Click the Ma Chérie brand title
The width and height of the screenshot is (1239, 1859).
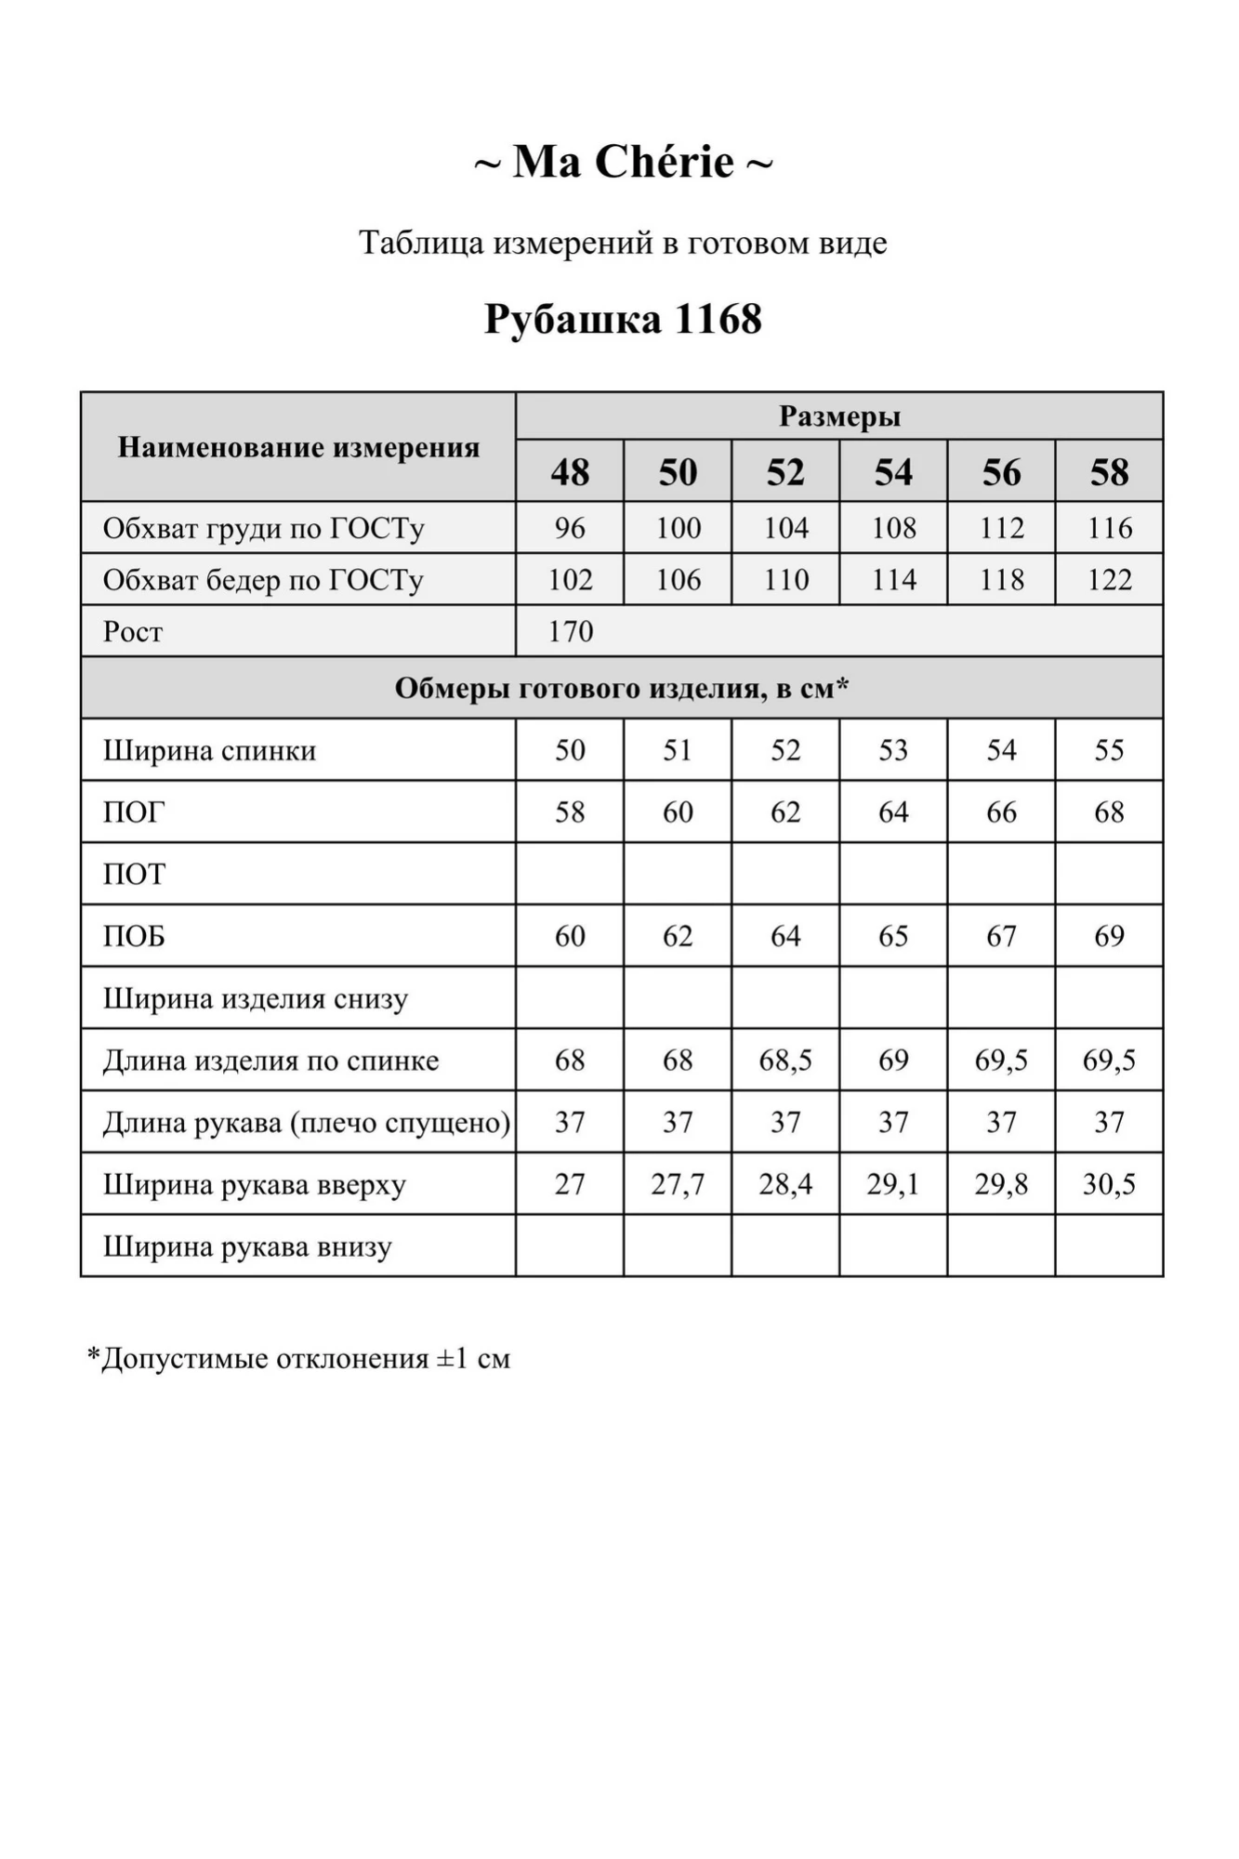pos(623,163)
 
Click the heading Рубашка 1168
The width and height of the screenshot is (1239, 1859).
pos(623,320)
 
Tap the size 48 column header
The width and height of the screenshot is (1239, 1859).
pos(570,472)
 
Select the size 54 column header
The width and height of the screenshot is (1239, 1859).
pos(893,472)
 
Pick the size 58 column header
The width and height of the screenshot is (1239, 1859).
pos(1109,472)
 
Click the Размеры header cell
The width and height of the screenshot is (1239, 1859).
pos(839,416)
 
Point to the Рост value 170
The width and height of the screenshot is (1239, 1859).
pos(570,632)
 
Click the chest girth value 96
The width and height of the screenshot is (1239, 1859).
pos(570,528)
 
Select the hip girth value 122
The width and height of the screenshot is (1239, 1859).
pos(1109,580)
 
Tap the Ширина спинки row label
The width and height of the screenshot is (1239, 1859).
pos(209,750)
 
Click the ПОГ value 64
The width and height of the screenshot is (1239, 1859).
pos(893,812)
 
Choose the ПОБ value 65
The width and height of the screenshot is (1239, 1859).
pos(893,936)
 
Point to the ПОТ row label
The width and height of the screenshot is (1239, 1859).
pos(134,875)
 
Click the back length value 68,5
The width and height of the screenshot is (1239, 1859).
pos(785,1061)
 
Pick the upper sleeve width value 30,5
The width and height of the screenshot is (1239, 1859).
pos(1109,1184)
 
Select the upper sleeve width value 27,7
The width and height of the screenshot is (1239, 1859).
pos(678,1184)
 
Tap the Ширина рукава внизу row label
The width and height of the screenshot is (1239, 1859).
pos(247,1246)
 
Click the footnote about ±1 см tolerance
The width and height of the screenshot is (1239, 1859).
pos(298,1359)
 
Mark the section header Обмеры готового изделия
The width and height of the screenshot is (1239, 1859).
pos(622,689)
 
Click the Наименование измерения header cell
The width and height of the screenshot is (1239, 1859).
pos(298,447)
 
